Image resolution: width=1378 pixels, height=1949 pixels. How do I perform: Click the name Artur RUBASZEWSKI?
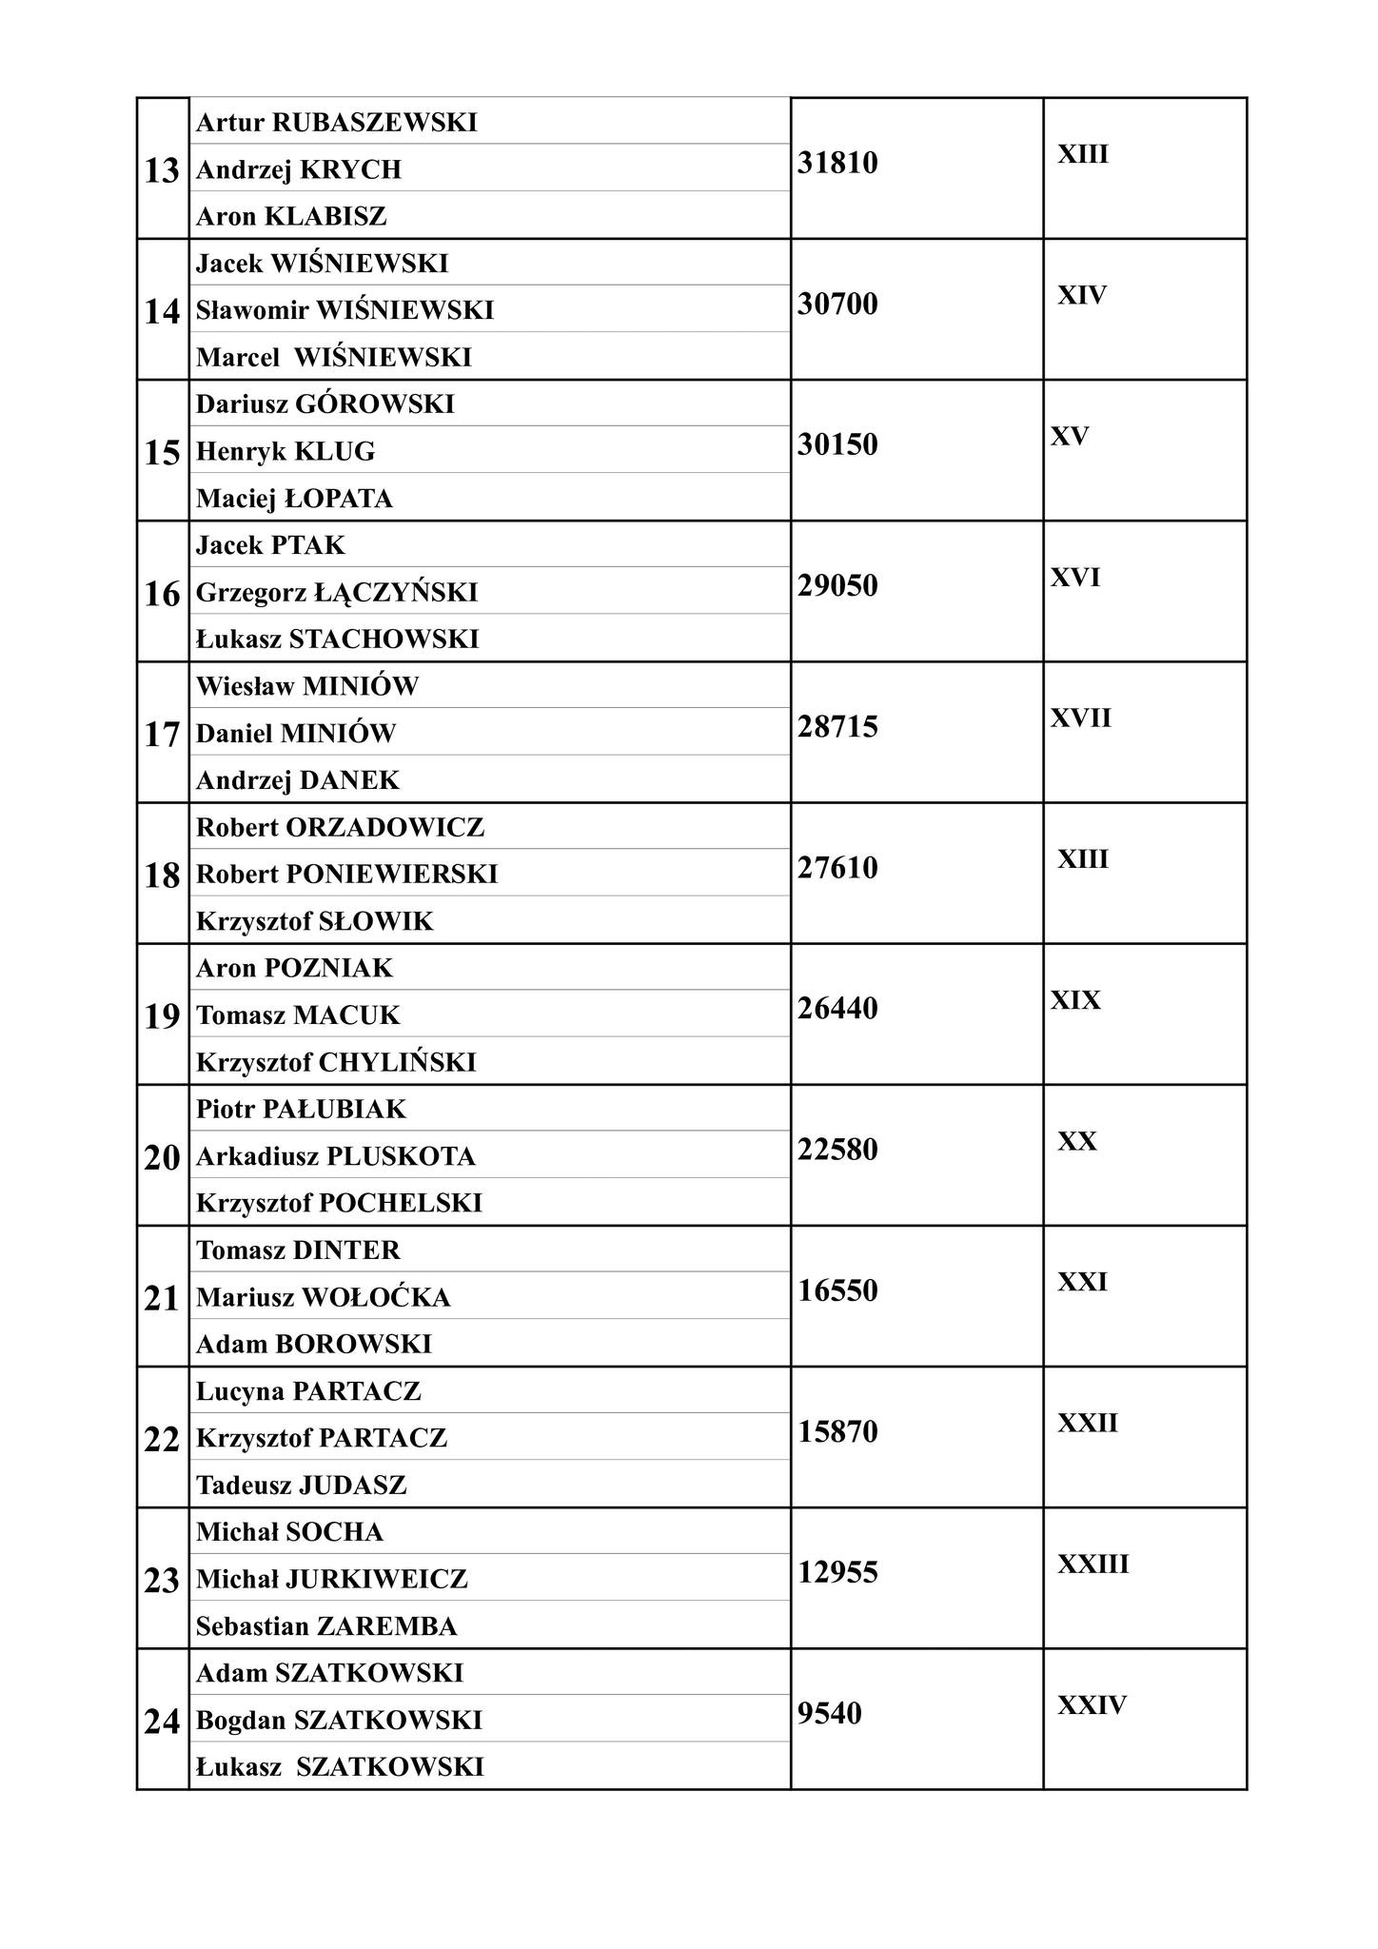pos(336,123)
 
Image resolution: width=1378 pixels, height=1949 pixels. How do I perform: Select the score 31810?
pos(837,164)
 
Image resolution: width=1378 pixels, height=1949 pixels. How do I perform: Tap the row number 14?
pos(162,312)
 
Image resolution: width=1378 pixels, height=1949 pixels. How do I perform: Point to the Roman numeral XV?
pos(1070,437)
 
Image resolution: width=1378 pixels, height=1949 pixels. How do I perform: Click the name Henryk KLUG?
pos(285,451)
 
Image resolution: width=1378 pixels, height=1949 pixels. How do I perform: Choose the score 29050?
pos(837,586)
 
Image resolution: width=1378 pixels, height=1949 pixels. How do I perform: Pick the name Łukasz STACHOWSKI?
pos(337,639)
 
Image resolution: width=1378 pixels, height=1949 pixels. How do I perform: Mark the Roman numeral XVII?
pos(1080,718)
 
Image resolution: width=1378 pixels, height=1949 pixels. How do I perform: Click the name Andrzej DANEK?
pos(297,780)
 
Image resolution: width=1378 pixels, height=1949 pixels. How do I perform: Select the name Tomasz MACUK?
pos(298,1015)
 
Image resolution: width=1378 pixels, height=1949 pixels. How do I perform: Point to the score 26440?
pos(837,1009)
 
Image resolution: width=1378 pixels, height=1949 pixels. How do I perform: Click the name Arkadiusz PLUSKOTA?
pos(335,1156)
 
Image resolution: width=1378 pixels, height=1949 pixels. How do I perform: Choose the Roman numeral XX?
pos(1077,1141)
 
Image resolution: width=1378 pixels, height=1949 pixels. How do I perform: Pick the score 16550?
pos(837,1291)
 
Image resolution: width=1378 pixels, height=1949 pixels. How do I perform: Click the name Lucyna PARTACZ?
pos(308,1391)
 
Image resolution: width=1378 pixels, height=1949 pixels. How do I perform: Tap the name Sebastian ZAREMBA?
pos(326,1626)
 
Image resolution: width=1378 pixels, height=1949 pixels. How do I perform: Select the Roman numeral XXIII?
pos(1093,1565)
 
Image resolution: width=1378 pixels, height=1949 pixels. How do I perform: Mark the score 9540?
pos(830,1714)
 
